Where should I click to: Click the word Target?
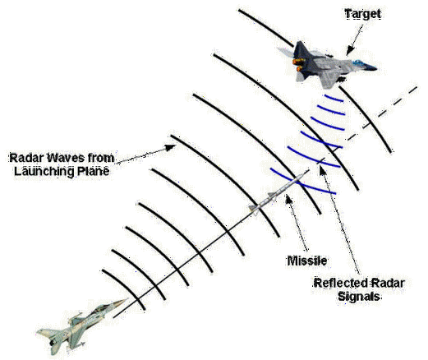362,14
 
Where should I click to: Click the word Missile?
307,261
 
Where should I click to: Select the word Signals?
359,297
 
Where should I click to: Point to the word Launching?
44,171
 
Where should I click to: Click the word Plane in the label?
94,171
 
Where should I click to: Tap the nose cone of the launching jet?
121,302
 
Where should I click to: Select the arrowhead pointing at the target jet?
349,52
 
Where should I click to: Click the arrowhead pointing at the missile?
288,198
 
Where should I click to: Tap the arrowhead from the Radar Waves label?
171,147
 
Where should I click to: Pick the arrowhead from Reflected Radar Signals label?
323,170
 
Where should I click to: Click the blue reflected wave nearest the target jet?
334,98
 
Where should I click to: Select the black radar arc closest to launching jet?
126,288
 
